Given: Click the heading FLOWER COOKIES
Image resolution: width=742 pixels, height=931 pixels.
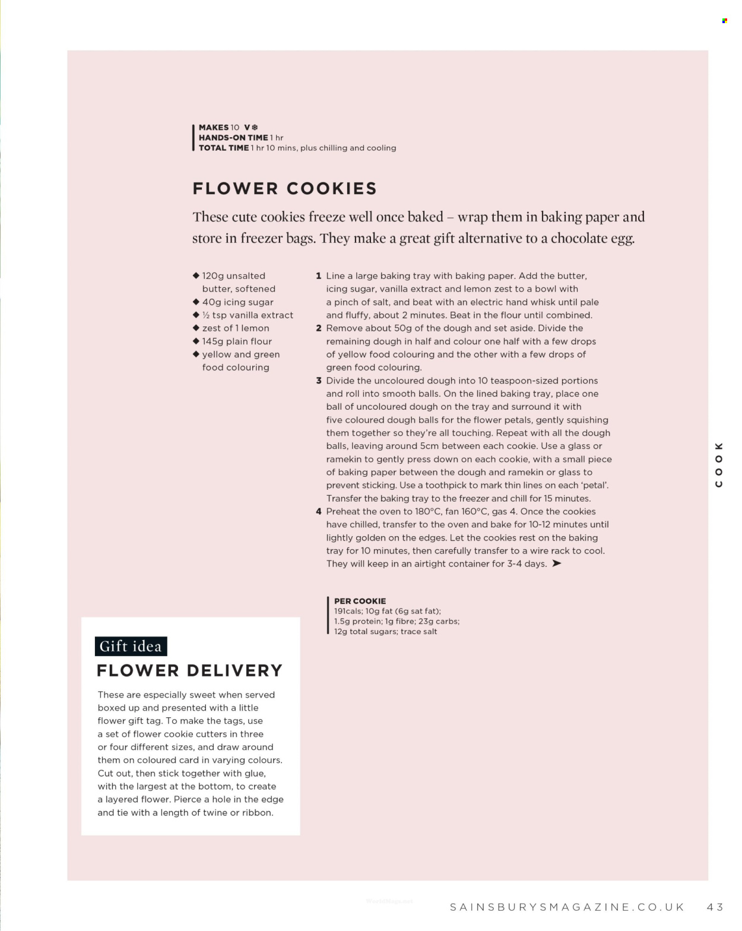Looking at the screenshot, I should pos(284,189).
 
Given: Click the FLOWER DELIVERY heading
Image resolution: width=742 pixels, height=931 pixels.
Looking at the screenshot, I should pos(189,671).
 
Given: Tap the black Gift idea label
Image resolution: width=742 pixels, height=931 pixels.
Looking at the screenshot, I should pos(131,646).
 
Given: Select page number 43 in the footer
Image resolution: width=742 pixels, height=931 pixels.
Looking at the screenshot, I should pos(715,907).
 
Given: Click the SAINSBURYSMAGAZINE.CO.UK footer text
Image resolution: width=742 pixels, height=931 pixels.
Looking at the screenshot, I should pos(567,907).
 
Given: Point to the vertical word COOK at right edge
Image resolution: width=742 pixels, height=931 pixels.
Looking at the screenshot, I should pos(719,465).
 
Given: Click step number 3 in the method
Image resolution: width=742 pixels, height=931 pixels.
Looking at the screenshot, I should pos(319,381).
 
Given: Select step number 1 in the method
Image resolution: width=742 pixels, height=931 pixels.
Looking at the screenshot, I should pos(319,276).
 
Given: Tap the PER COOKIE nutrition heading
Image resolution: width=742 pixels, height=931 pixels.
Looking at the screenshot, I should pos(360,601).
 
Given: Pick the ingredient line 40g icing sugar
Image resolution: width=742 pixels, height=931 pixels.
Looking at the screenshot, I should pos(237,302).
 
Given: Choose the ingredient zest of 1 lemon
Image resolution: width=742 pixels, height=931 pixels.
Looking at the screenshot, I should pos(236,328).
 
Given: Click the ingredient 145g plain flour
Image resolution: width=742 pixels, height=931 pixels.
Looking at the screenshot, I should pos(237,341).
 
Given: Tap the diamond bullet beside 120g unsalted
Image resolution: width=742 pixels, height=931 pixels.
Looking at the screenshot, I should pos(196,275).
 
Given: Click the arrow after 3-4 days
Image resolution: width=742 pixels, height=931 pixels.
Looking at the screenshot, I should pos(556,563).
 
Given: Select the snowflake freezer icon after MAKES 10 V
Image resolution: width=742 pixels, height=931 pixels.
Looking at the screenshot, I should pos(255,128).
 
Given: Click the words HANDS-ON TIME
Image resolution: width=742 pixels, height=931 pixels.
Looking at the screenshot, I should pos(233,138).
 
